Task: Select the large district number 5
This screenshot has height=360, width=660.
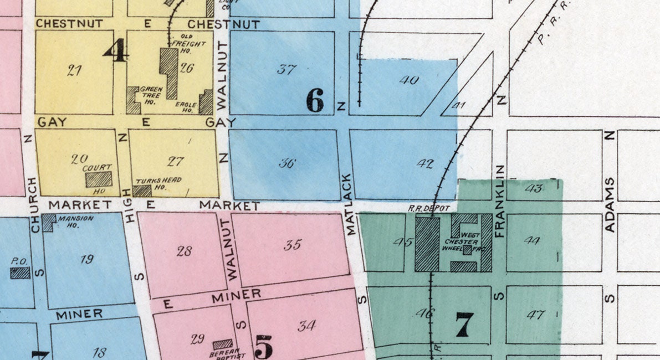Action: pyautogui.click(x=264, y=347)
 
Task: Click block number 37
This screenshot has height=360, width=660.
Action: pyautogui.click(x=286, y=70)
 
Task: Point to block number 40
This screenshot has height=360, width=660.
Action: pyautogui.click(x=408, y=80)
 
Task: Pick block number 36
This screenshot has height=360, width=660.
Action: pyautogui.click(x=287, y=163)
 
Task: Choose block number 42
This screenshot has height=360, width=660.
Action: pyautogui.click(x=425, y=164)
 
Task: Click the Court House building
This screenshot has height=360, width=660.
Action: pyautogui.click(x=98, y=179)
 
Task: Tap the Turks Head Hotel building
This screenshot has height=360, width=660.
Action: pyautogui.click(x=142, y=191)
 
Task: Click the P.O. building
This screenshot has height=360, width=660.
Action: pyautogui.click(x=21, y=272)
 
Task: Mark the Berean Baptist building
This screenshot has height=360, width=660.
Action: pyautogui.click(x=223, y=344)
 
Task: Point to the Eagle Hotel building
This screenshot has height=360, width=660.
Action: pyautogui.click(x=206, y=102)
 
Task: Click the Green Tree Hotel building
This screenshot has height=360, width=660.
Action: pyautogui.click(x=133, y=100)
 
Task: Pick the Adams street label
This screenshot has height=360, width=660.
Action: pyautogui.click(x=610, y=197)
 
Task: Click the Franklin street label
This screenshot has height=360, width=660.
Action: pyautogui.click(x=500, y=201)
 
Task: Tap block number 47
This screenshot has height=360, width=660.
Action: pyautogui.click(x=535, y=315)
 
